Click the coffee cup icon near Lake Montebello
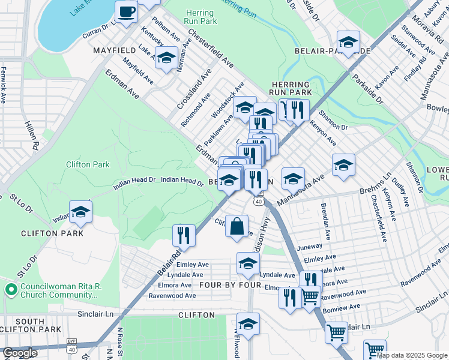point(126,12)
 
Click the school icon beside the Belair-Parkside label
point(348,42)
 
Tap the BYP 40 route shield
point(71,349)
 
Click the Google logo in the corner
point(20,353)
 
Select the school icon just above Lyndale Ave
point(248,262)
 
